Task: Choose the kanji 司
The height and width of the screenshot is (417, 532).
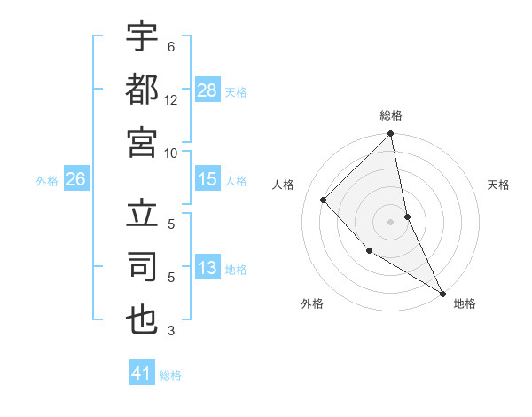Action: (142, 266)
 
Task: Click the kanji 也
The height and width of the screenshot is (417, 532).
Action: (142, 319)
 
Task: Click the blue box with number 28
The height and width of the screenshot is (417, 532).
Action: (207, 90)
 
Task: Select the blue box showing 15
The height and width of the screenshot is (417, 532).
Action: (207, 179)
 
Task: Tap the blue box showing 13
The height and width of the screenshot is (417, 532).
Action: (207, 268)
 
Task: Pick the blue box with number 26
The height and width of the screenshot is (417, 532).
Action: (76, 179)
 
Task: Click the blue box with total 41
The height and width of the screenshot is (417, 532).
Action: (142, 374)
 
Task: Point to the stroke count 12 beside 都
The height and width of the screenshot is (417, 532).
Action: (171, 100)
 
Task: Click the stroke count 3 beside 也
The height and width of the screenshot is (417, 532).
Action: (171, 332)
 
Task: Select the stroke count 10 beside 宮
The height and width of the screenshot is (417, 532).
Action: (171, 153)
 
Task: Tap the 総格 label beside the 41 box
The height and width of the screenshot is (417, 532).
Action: (170, 375)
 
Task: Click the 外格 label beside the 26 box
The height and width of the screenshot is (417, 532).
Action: (47, 181)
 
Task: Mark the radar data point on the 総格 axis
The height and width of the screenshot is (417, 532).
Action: (390, 135)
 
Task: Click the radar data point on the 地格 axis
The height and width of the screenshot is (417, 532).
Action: (442, 292)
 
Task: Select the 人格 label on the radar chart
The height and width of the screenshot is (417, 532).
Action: (284, 185)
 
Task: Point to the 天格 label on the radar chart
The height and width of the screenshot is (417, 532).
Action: (498, 185)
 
